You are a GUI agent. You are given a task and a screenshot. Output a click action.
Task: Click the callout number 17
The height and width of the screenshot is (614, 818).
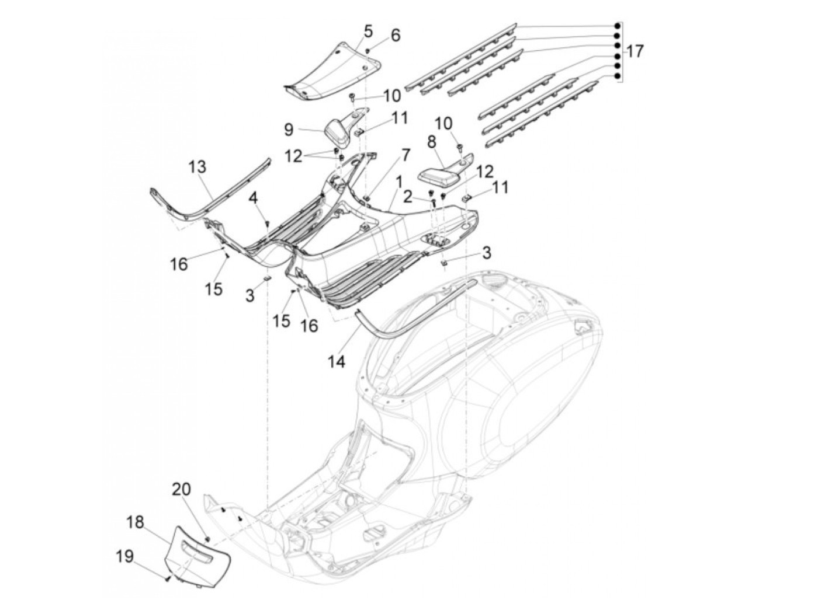pyautogui.click(x=635, y=51)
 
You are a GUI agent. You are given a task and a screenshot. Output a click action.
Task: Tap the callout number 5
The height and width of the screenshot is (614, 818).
pyautogui.click(x=368, y=32)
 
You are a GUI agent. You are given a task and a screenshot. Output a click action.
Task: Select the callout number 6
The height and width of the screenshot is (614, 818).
pyautogui.click(x=396, y=36)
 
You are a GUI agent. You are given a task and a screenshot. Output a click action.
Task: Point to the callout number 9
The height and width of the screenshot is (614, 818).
pyautogui.click(x=289, y=130)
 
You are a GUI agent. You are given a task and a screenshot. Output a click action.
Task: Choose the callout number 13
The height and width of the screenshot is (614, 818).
pyautogui.click(x=197, y=167)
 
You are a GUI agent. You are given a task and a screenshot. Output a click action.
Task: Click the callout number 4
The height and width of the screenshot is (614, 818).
pyautogui.click(x=253, y=198)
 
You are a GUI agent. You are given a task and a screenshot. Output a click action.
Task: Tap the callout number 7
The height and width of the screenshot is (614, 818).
pyautogui.click(x=405, y=153)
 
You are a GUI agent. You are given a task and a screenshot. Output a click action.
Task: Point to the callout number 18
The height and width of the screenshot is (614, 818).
pyautogui.click(x=135, y=522)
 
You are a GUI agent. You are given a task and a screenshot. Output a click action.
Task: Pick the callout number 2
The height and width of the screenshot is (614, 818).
pyautogui.click(x=408, y=197)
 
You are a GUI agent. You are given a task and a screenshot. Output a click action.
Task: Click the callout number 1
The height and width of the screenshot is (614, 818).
pyautogui.click(x=399, y=182)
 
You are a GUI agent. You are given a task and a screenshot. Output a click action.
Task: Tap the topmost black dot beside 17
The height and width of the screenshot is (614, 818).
pyautogui.click(x=617, y=26)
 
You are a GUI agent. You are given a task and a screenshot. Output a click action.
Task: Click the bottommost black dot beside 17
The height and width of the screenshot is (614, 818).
pyautogui.click(x=617, y=76)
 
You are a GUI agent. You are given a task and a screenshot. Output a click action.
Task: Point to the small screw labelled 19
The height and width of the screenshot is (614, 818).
pyautogui.click(x=168, y=578)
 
